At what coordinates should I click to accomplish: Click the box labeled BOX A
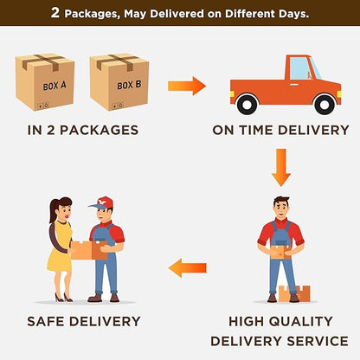point(45,81)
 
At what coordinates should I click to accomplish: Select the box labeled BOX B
point(119,81)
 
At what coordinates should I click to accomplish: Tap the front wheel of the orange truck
point(325,104)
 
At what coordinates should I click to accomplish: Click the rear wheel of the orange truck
point(247,104)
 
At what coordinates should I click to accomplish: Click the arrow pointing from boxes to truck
point(187,86)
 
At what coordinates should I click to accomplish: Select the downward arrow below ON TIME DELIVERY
point(281,167)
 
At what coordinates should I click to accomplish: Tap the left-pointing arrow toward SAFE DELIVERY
point(187,268)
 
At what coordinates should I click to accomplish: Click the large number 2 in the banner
point(55,13)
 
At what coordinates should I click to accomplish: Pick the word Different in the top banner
point(250,14)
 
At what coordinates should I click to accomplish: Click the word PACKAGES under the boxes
point(99,130)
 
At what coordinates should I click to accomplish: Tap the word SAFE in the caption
point(46,321)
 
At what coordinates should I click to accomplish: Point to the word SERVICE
point(318,341)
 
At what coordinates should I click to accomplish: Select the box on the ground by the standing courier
point(295,293)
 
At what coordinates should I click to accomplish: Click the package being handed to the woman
point(89,250)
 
